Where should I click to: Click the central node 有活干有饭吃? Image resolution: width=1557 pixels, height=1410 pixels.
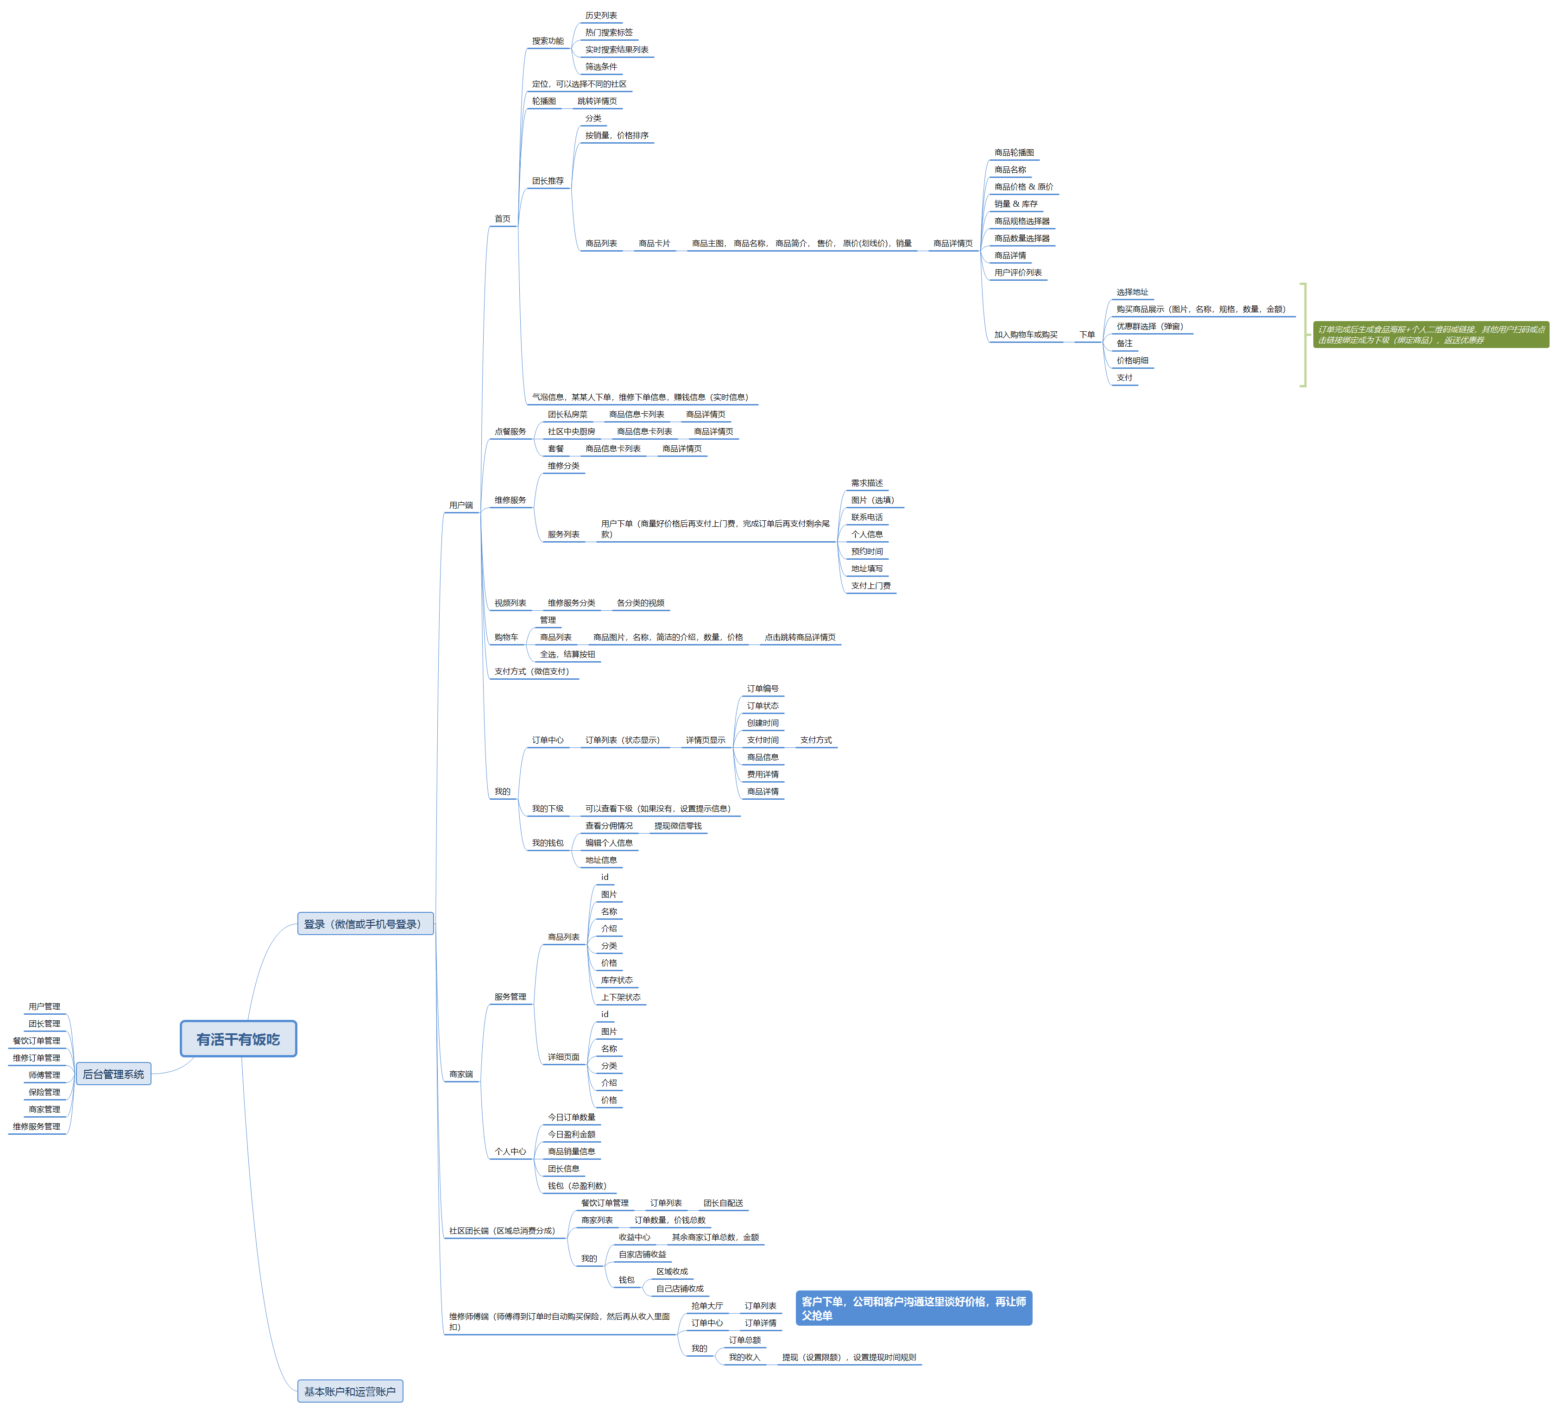click(x=238, y=1039)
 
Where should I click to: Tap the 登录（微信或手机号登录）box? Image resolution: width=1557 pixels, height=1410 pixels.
click(x=365, y=924)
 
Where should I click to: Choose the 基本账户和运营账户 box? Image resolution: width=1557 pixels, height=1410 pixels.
click(x=349, y=1391)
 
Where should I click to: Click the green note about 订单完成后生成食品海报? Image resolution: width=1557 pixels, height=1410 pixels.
click(x=1431, y=335)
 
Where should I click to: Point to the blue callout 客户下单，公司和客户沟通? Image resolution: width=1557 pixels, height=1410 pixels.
click(x=913, y=1308)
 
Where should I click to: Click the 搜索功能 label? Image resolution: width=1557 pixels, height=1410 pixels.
click(x=548, y=41)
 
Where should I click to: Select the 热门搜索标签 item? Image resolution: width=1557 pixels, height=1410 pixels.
click(x=609, y=32)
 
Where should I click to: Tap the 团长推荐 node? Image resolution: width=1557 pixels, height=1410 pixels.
click(x=548, y=181)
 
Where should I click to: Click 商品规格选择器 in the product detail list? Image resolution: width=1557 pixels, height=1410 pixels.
click(x=1022, y=221)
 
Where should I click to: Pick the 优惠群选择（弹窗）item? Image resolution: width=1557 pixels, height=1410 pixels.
click(x=1149, y=326)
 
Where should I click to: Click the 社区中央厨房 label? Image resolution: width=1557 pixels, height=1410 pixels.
click(x=572, y=431)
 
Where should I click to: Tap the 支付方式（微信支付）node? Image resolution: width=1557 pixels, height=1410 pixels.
click(x=531, y=671)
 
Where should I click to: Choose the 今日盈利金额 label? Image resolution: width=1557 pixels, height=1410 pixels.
click(x=572, y=1134)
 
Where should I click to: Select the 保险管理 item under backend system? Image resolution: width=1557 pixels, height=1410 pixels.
click(x=44, y=1092)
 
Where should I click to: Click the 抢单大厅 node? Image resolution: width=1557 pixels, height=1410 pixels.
click(x=706, y=1306)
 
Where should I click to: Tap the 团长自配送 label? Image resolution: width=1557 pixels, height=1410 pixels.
click(x=723, y=1203)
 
